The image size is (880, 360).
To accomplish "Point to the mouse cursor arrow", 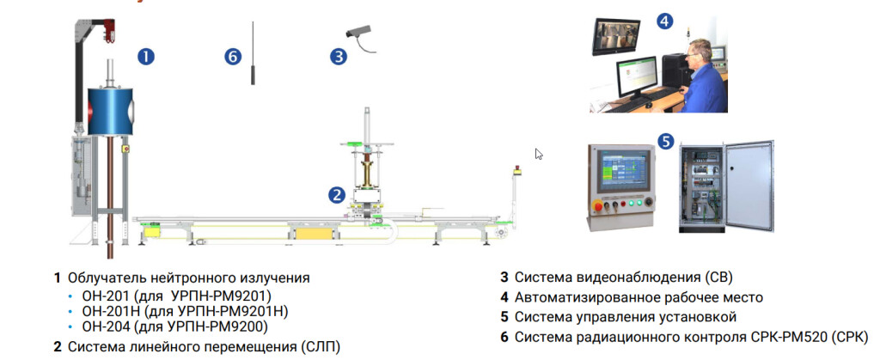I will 539,154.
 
